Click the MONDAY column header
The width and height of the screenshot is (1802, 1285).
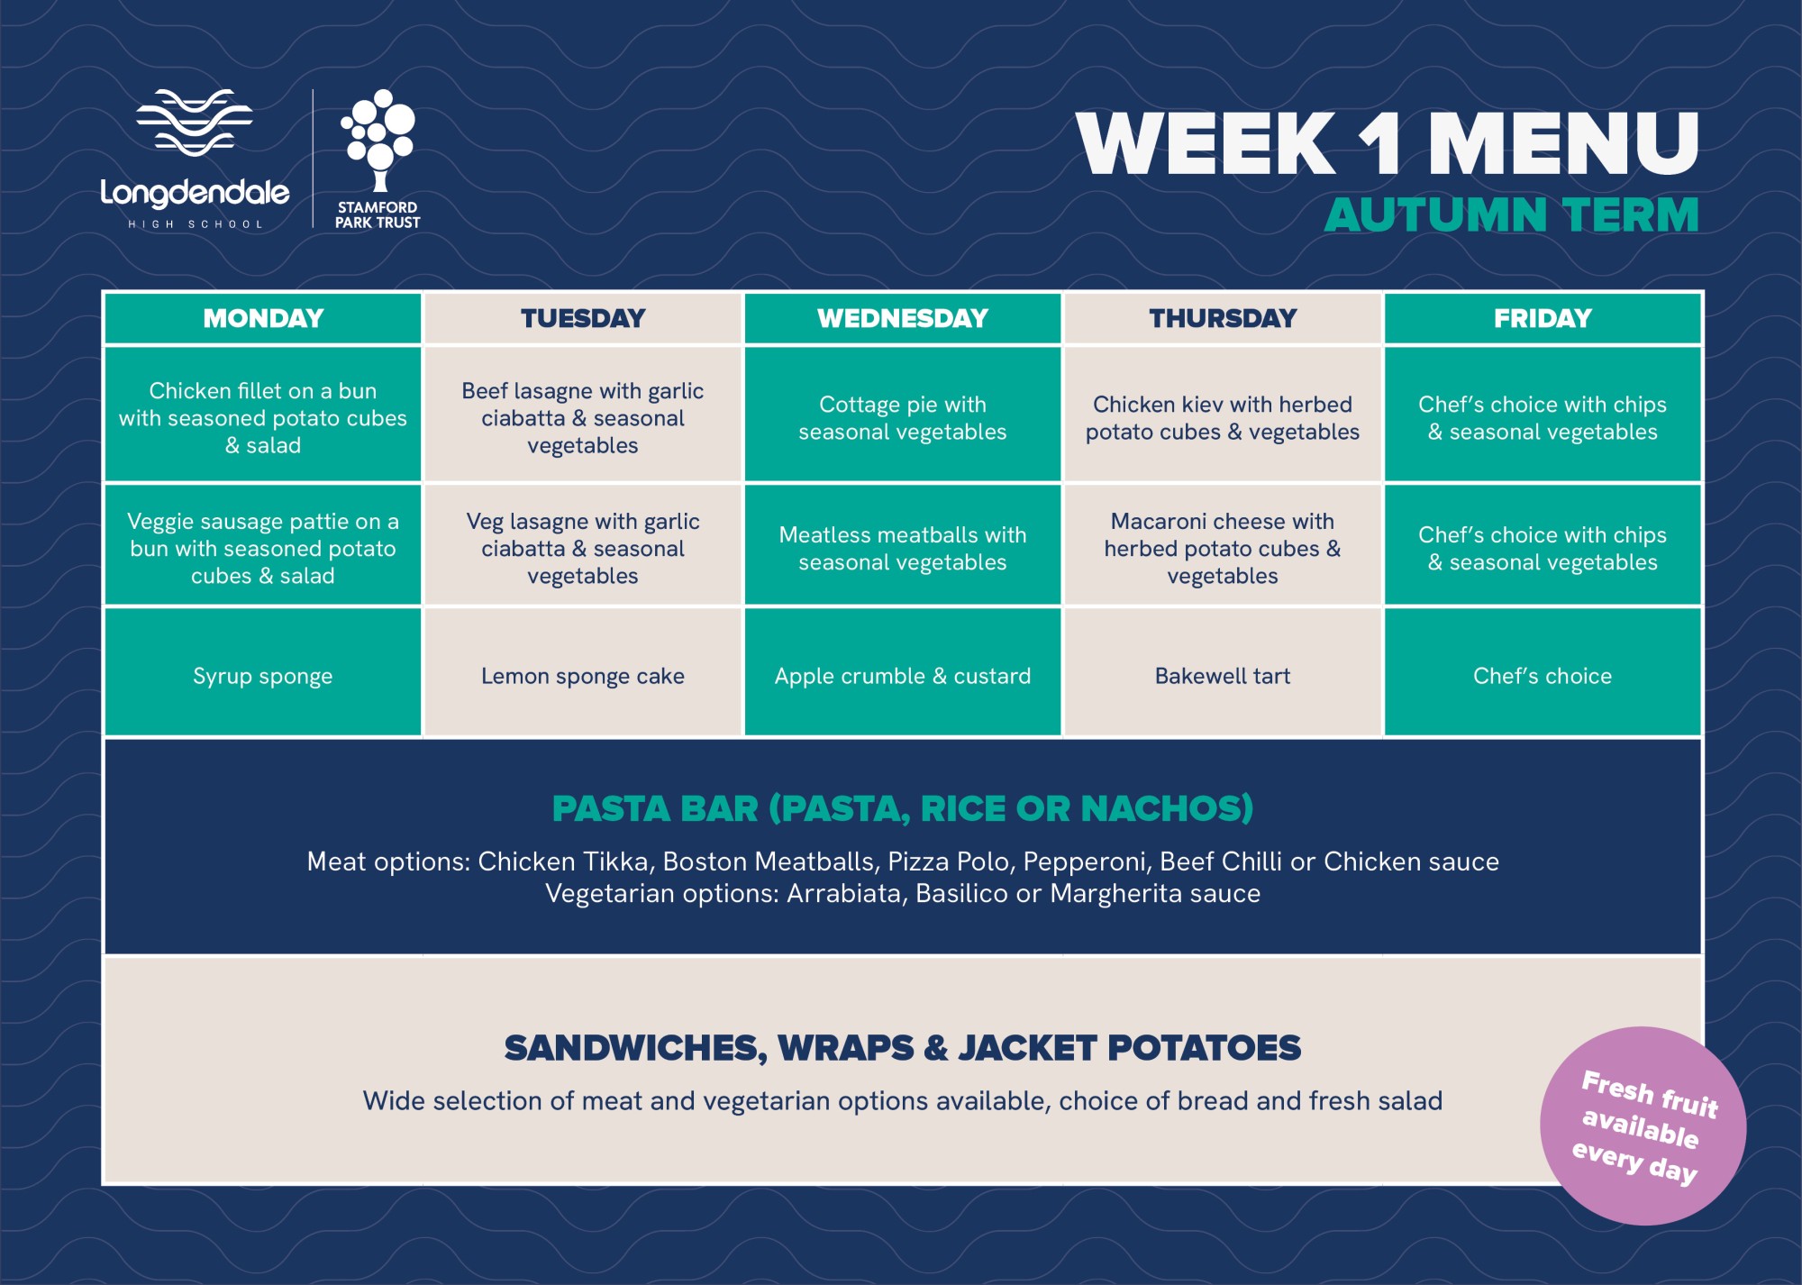(263, 318)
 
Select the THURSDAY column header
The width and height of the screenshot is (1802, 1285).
(1223, 318)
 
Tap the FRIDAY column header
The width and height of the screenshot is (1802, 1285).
(1543, 318)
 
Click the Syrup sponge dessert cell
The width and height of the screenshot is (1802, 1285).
(263, 672)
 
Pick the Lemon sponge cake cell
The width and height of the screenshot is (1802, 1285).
(583, 672)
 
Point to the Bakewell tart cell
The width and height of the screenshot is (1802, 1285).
(1223, 672)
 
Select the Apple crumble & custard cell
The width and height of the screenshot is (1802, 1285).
(903, 672)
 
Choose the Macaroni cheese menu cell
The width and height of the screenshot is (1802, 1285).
(1223, 545)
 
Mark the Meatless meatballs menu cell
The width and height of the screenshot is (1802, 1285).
(903, 545)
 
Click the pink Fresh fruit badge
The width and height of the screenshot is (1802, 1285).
(1643, 1126)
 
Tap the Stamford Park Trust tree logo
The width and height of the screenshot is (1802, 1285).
(378, 140)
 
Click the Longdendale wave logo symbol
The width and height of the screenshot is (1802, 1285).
(195, 123)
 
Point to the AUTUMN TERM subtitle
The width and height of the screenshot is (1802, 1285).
(1511, 215)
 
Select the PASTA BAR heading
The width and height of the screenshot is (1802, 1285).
(903, 808)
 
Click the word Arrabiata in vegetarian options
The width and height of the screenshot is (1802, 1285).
(844, 893)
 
